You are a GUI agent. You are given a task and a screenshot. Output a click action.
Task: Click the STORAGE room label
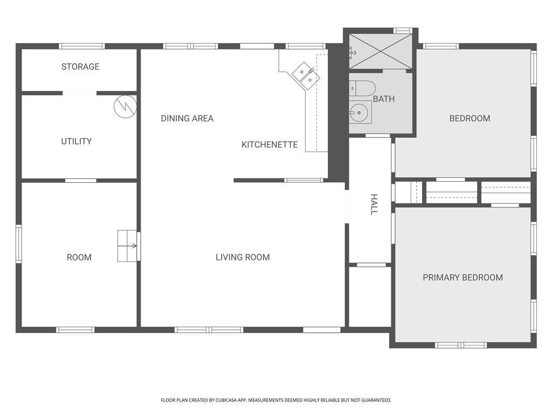point(80,67)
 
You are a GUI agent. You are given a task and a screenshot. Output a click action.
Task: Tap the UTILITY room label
point(76,141)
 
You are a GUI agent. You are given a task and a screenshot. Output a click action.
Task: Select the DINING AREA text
point(187,118)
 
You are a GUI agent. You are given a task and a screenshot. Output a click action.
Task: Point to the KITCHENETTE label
point(270,144)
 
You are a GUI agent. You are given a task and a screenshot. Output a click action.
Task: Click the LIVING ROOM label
point(243,257)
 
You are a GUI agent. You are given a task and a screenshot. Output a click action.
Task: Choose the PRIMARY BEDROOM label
point(463,278)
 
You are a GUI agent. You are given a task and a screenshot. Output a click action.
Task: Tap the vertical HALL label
point(374,204)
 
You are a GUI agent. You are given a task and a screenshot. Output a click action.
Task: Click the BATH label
point(384,99)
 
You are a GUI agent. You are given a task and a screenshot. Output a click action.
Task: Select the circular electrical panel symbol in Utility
point(125,106)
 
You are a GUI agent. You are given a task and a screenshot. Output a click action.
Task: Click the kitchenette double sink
point(306,75)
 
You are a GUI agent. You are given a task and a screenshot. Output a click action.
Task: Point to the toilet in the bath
point(362,88)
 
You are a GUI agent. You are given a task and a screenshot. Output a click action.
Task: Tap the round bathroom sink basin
point(358,113)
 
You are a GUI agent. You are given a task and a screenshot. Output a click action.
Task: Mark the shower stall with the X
point(381,51)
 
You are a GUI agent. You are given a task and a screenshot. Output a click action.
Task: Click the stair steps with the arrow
point(128,246)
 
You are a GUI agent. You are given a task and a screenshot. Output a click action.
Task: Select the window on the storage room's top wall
point(81,46)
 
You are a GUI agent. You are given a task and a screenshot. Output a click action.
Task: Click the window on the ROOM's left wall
point(19,244)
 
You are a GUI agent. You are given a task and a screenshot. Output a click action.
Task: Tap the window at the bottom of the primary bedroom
point(461,345)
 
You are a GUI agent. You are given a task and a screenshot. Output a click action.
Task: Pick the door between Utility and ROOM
point(81,180)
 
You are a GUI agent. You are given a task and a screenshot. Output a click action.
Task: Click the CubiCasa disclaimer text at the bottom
point(276,400)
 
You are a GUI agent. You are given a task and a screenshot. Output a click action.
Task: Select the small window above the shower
point(402,31)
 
